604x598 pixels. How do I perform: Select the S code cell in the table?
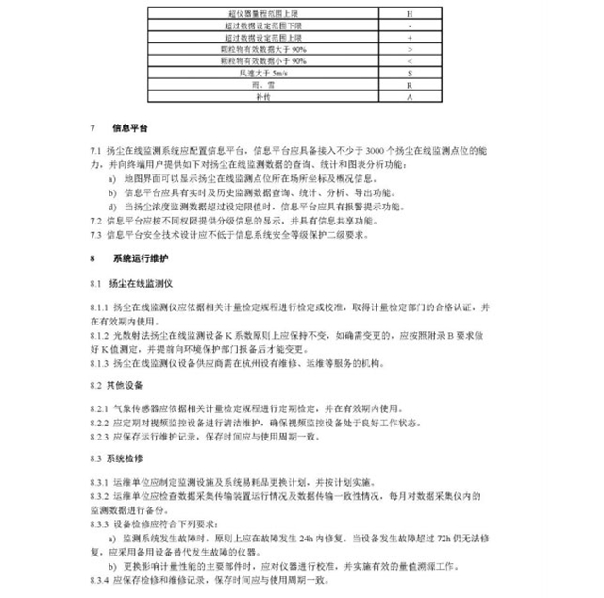pos(409,72)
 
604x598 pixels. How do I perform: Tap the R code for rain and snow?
pos(409,85)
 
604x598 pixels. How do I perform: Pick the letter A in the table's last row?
pos(409,97)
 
